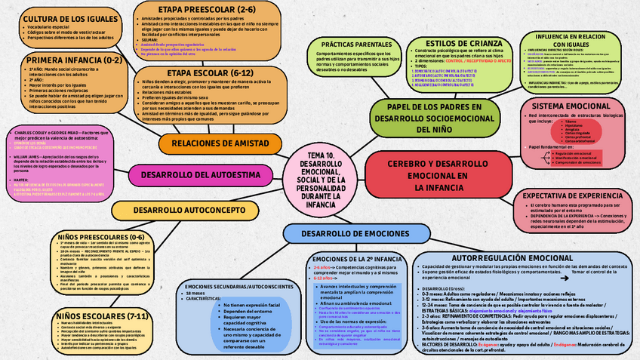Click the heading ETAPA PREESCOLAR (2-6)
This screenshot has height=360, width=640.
tap(195, 9)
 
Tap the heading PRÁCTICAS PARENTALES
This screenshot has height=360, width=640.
tap(357, 45)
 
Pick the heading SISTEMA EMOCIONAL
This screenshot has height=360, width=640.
tap(577, 106)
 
